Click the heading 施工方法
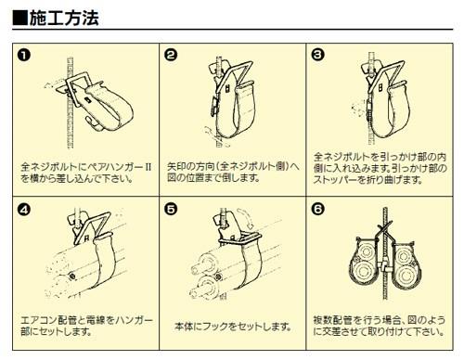click(x=64, y=19)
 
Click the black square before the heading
click(x=20, y=19)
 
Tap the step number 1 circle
click(x=24, y=55)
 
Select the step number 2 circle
click(x=171, y=55)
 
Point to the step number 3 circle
click(x=317, y=55)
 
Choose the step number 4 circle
click(x=24, y=210)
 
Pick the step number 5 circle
click(x=171, y=210)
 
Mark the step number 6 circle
click(x=317, y=209)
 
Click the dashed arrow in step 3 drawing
click(x=359, y=109)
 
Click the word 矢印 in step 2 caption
click(x=177, y=166)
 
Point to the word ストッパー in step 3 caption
click(x=335, y=180)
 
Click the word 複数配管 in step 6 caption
click(x=333, y=319)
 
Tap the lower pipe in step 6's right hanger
click(x=404, y=274)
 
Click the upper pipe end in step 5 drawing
click(x=198, y=268)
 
